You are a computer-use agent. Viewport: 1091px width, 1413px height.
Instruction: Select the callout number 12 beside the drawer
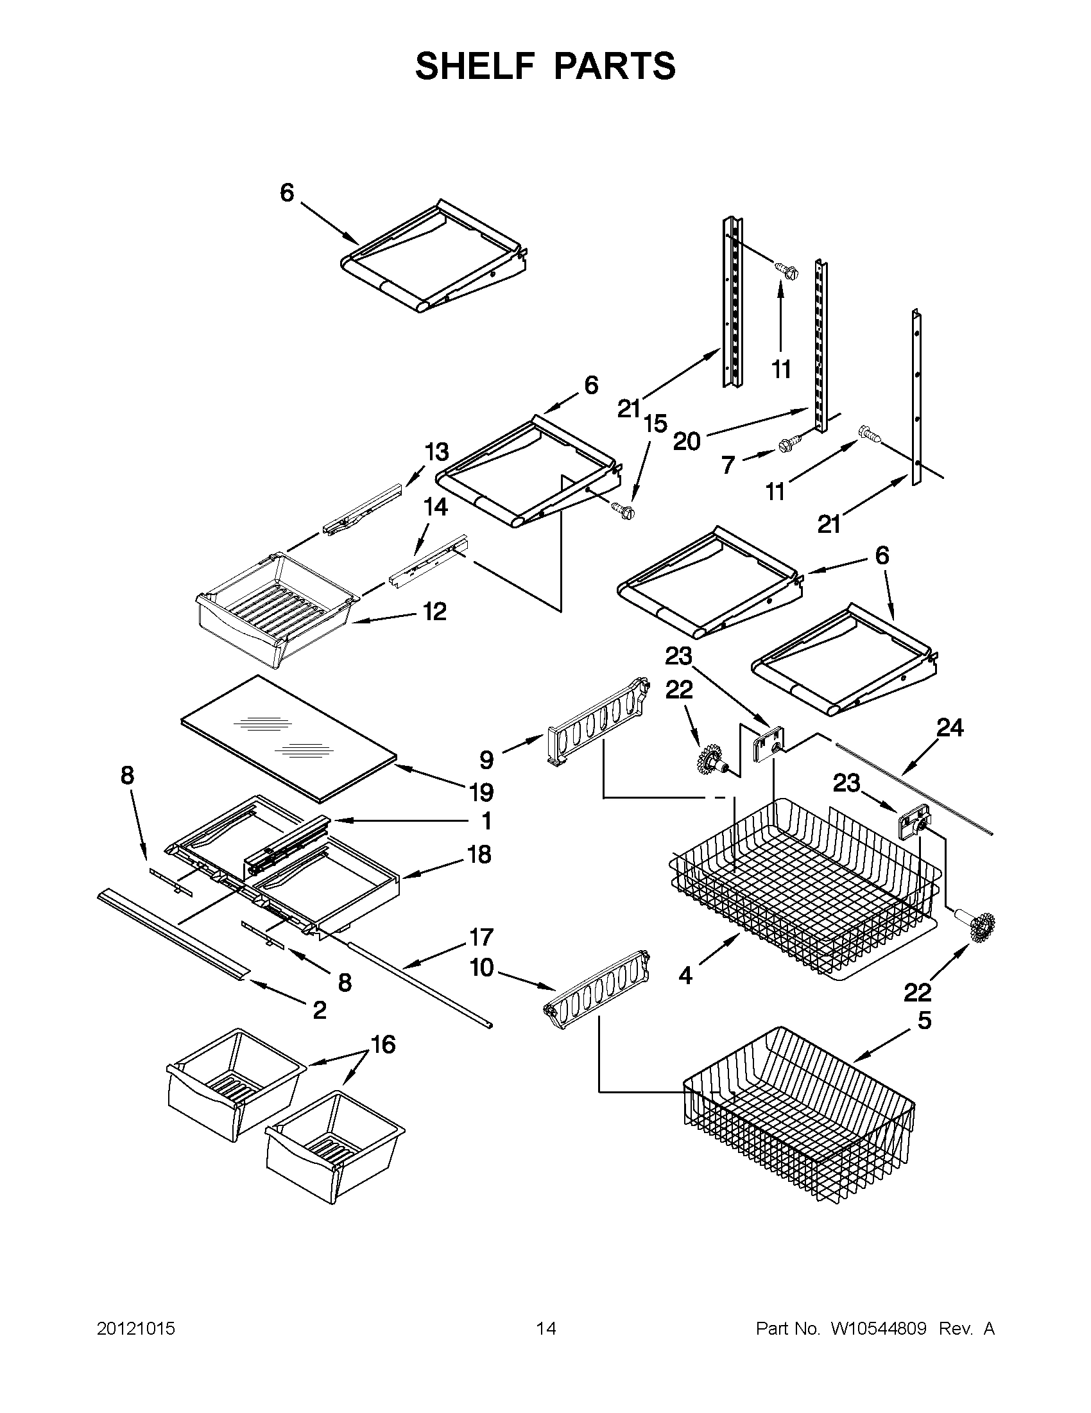tap(434, 611)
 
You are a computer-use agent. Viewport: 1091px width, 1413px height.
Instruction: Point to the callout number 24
tap(950, 728)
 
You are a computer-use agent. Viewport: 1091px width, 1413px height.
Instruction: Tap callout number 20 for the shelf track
tap(687, 442)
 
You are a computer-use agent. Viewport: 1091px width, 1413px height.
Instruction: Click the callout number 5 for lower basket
tap(925, 1020)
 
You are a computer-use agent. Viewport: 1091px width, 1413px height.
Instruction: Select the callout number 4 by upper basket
tap(685, 976)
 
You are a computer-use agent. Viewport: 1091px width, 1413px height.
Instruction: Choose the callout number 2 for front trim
tap(320, 1010)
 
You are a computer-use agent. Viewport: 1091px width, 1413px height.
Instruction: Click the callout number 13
tap(436, 451)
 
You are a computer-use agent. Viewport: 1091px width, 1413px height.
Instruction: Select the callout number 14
tap(436, 507)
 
